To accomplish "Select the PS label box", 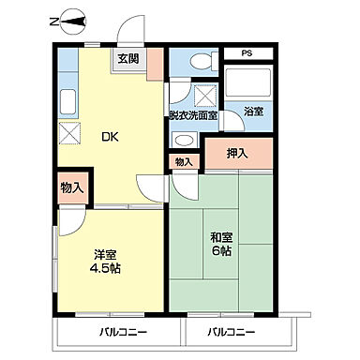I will pyautogui.click(x=247, y=54).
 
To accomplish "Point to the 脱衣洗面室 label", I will pyautogui.click(x=193, y=115).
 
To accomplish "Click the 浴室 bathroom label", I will pyautogui.click(x=253, y=111).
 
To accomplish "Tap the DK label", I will pyautogui.click(x=111, y=137).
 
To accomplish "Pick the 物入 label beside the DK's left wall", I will pyautogui.click(x=72, y=187).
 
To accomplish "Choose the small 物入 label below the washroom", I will pyautogui.click(x=183, y=162).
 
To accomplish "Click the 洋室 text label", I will pyautogui.click(x=104, y=253).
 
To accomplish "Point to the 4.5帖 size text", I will pyautogui.click(x=104, y=268).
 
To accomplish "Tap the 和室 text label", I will pyautogui.click(x=222, y=236).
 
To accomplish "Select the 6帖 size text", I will pyautogui.click(x=222, y=251).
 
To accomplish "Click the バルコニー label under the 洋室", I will pyautogui.click(x=123, y=333).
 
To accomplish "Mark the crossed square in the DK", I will pyautogui.click(x=68, y=132).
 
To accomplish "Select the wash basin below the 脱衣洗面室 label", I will pyautogui.click(x=185, y=139).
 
